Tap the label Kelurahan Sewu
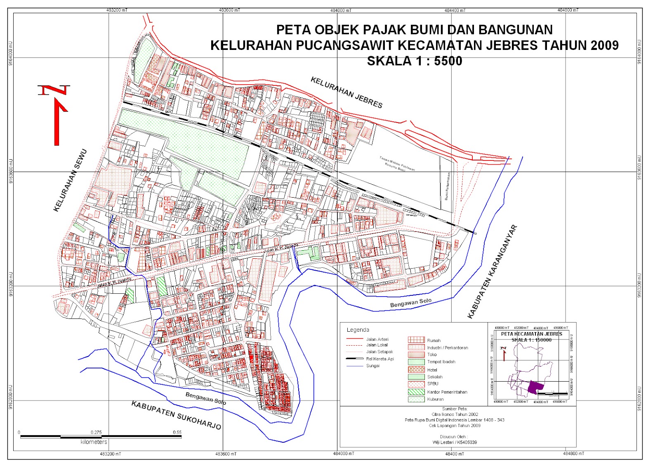(x=71, y=180)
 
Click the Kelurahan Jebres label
(x=346, y=92)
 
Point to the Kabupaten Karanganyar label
(x=492, y=272)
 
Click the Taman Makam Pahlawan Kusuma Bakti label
(x=397, y=164)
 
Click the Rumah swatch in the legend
(x=416, y=340)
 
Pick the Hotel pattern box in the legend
(x=416, y=370)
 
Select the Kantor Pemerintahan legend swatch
(x=416, y=392)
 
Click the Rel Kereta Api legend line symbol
(x=354, y=359)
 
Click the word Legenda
(x=358, y=330)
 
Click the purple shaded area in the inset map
(x=535, y=387)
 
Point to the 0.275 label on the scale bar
(x=96, y=432)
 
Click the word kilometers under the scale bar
(x=94, y=442)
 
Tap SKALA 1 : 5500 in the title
(x=414, y=61)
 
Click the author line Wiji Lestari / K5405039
(x=454, y=442)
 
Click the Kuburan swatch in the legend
(x=416, y=399)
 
